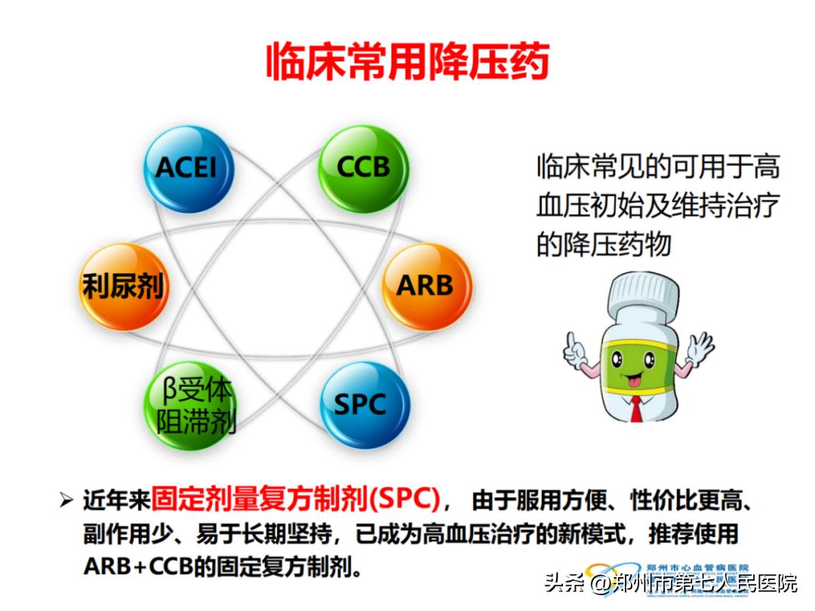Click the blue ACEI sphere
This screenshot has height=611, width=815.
(187, 169)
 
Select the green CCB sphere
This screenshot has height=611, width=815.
(362, 167)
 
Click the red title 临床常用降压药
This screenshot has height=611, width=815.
(407, 62)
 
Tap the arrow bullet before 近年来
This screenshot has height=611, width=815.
(66, 500)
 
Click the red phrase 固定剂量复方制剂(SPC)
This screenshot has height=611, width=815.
(294, 499)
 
